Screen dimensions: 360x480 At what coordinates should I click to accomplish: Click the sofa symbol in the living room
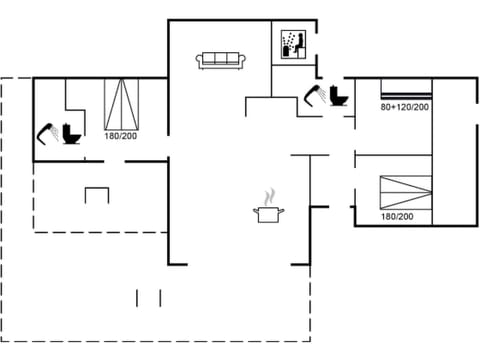(x=223, y=61)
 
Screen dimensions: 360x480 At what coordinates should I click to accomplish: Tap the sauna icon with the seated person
(x=292, y=44)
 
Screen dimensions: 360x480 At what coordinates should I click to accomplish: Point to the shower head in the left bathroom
(x=46, y=131)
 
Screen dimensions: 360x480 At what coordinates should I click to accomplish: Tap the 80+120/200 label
(x=404, y=105)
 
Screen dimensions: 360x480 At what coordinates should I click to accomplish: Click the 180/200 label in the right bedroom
(x=397, y=216)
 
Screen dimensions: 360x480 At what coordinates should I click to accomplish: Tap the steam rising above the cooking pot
(x=269, y=196)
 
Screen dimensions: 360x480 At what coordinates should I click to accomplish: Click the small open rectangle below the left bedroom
(x=97, y=194)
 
